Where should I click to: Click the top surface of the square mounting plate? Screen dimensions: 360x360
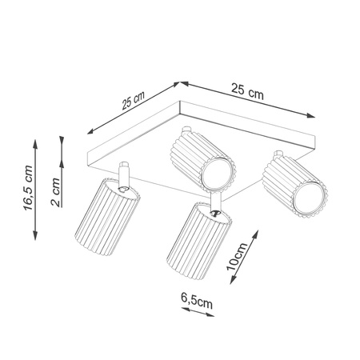click(200, 120)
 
